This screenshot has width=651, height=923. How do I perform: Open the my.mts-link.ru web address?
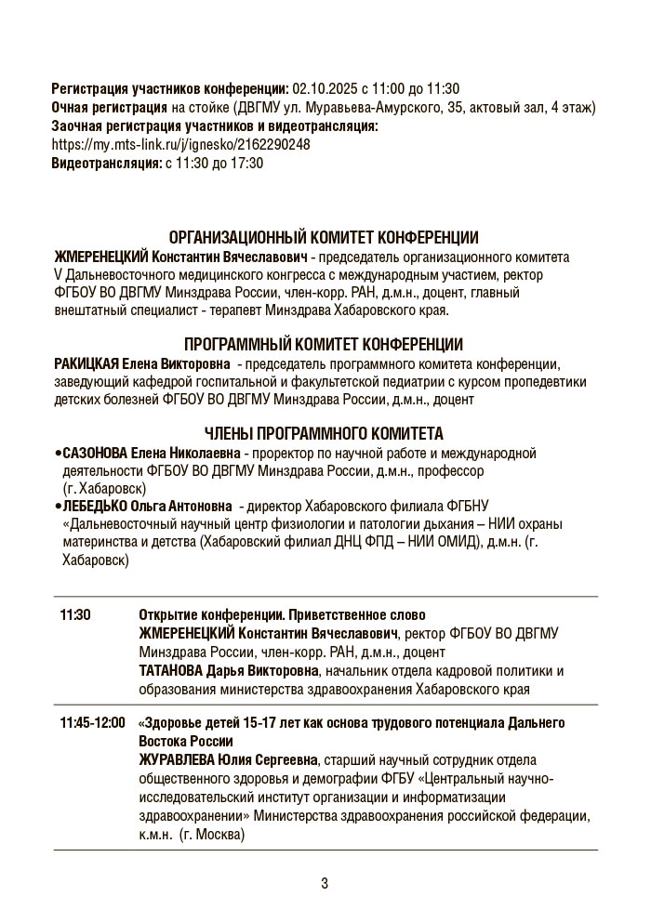(x=181, y=145)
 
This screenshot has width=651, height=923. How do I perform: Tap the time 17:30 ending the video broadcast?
(x=247, y=164)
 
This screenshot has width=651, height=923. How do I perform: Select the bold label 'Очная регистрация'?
(x=103, y=108)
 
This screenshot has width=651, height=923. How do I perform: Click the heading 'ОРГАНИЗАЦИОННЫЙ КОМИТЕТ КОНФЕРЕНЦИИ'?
(x=324, y=238)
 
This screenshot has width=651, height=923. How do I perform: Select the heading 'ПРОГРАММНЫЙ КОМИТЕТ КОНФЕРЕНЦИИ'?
(x=324, y=345)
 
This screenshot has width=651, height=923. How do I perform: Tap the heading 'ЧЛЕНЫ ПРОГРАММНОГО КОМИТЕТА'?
(x=324, y=434)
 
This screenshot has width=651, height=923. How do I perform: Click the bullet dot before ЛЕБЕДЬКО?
(x=57, y=507)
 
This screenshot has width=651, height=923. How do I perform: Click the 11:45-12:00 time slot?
(x=92, y=723)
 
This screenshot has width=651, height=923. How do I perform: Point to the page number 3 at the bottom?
(x=325, y=883)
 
